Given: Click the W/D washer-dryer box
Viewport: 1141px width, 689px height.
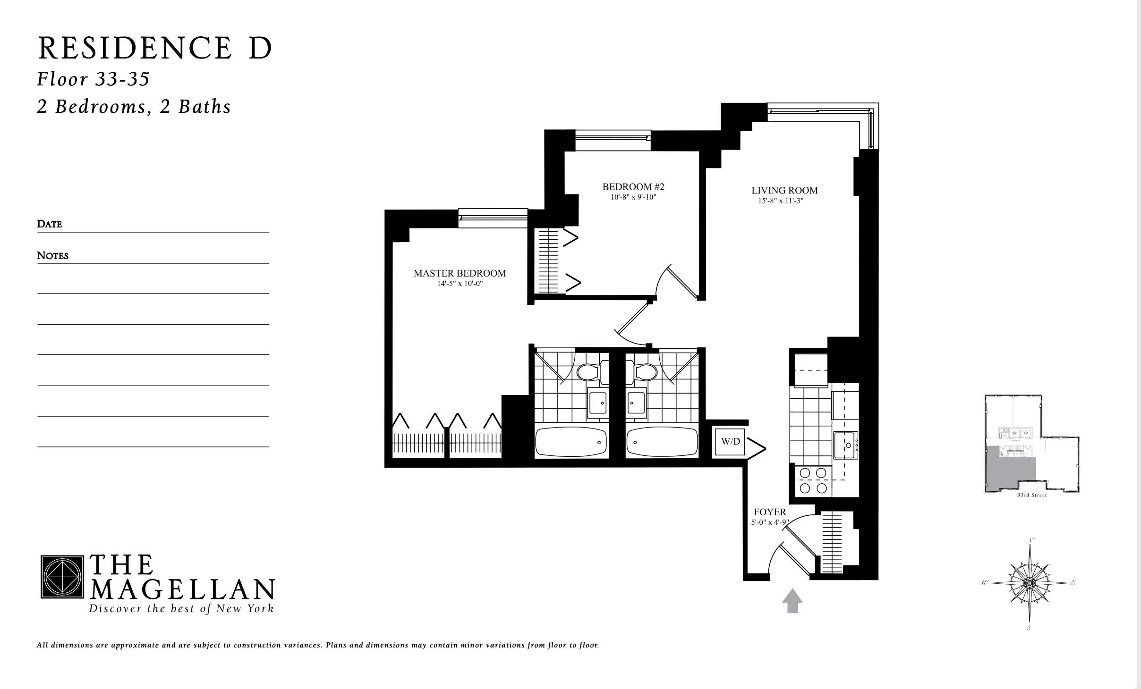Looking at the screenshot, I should tap(730, 442).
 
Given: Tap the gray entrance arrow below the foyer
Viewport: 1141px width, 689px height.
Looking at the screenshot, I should tap(792, 600).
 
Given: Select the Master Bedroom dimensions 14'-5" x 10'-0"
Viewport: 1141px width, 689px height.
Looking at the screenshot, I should tap(460, 284).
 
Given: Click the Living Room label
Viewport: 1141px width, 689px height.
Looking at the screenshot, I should tap(784, 190).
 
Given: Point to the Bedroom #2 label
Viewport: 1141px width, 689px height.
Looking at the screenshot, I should tap(633, 186).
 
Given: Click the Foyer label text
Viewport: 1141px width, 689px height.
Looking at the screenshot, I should tap(770, 512).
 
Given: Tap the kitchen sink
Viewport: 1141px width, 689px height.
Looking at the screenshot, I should tap(845, 445).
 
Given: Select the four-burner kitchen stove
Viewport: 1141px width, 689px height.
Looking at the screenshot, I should tap(813, 481).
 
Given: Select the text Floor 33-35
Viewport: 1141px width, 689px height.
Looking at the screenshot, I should tap(94, 79).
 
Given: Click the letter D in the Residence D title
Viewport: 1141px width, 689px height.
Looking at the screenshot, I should tap(259, 49).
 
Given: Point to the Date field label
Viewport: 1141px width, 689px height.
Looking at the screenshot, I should tap(50, 224).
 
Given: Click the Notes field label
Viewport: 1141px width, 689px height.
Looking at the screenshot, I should tap(53, 255).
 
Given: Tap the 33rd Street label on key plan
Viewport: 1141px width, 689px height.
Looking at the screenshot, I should tap(1031, 495).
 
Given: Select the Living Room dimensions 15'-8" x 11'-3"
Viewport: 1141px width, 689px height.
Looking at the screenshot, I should tap(781, 201).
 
